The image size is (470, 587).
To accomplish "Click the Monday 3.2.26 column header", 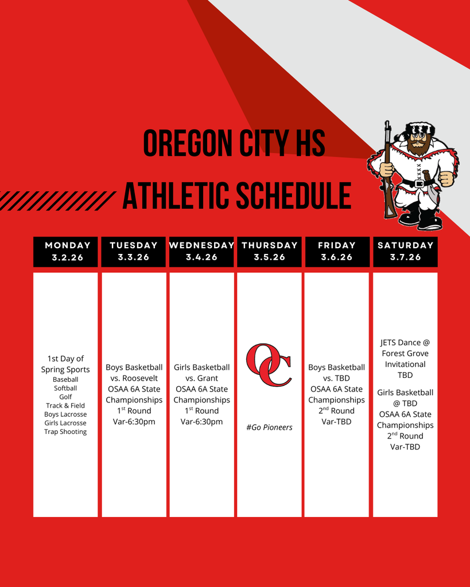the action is pos(65,252).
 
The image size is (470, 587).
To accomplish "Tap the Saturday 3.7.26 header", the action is pos(405,252).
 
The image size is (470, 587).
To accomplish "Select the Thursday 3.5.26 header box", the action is pos(270,252).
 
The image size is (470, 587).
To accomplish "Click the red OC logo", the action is pos(269,365).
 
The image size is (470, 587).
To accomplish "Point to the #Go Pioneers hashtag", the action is pos(269,427).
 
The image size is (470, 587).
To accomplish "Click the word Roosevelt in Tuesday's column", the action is pos(140,378).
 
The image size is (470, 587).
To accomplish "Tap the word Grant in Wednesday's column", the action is pos(208,378).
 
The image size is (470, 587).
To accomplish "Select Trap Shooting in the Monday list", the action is pos(65,432).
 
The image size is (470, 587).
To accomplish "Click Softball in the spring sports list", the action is pos(65,388).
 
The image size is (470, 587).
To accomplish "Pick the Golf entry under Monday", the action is pos(65,397).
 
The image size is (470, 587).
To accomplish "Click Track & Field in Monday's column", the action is pos(65,405).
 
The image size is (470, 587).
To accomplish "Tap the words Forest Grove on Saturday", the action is pos(405,353).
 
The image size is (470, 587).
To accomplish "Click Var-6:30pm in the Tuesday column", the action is pos(134,421).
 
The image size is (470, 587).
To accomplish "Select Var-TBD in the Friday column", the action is pos(336,421).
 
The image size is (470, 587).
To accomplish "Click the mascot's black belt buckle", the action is pos(418,183).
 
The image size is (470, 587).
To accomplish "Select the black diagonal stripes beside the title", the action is pos(57,201).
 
